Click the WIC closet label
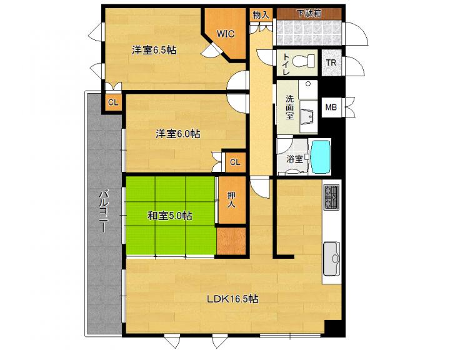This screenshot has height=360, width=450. click(x=225, y=34)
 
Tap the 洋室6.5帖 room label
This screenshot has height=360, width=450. click(x=154, y=51)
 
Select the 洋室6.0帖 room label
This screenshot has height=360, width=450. click(x=178, y=134)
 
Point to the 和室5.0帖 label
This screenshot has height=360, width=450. click(x=170, y=216)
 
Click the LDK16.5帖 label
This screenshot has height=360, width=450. click(x=232, y=299)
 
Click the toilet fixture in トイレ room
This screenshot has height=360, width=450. click(x=303, y=61)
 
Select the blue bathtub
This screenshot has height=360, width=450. click(x=321, y=156)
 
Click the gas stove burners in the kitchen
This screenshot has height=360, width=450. click(x=331, y=197)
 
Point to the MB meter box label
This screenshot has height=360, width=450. click(x=331, y=107)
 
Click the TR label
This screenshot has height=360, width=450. click(x=331, y=62)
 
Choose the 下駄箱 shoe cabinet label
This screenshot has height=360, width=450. click(x=309, y=13)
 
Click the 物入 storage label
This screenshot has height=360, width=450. click(x=261, y=14)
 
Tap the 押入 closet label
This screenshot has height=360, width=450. click(x=231, y=200)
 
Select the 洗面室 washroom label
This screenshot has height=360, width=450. click(x=289, y=107)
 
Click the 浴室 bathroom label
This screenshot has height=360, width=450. click(x=294, y=159)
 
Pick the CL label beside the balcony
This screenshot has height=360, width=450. click(x=113, y=102)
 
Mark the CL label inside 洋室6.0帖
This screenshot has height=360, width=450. click(x=235, y=162)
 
